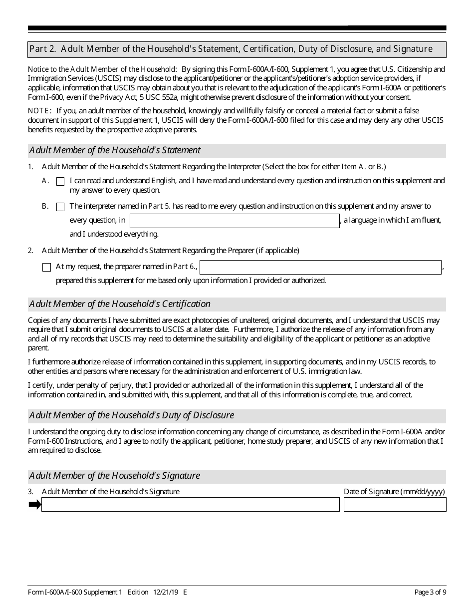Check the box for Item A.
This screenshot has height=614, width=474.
click(x=60, y=182)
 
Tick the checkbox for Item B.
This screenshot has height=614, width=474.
click(x=60, y=207)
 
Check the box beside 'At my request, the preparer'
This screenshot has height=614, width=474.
click(x=47, y=267)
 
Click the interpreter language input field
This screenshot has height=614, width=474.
click(x=235, y=221)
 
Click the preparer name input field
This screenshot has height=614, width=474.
click(x=320, y=267)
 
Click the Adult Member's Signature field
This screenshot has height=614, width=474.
click(x=190, y=505)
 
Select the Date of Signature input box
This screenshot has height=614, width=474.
click(x=395, y=505)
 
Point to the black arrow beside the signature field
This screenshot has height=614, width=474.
click(x=34, y=505)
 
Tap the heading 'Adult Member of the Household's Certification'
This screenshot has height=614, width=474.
click(x=120, y=304)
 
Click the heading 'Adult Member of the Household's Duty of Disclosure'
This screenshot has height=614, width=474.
click(x=131, y=415)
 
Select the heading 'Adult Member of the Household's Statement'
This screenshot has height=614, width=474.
click(x=115, y=150)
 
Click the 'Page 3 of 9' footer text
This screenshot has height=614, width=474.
click(x=430, y=593)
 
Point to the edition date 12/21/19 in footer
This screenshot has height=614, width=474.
click(x=166, y=593)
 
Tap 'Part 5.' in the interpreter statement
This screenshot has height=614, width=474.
click(x=160, y=206)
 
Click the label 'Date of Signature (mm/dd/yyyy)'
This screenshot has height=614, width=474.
click(x=394, y=492)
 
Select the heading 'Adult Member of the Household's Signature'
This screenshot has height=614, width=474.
click(x=114, y=476)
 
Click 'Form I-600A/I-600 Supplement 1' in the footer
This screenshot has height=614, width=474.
click(x=75, y=593)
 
